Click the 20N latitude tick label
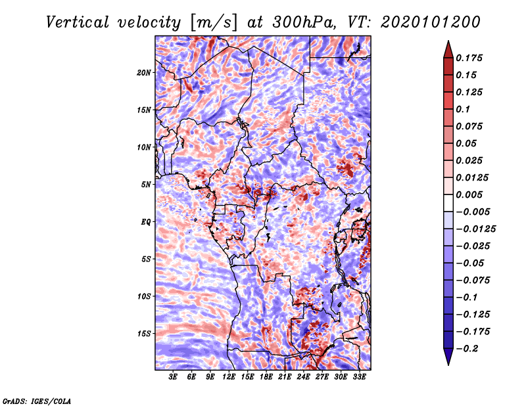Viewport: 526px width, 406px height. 144,72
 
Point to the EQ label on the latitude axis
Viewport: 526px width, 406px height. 145,221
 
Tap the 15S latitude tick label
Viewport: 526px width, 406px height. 144,333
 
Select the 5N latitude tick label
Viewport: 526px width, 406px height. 145,184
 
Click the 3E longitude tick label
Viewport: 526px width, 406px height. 173,377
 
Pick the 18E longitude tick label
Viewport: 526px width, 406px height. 266,377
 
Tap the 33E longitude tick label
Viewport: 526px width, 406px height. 359,377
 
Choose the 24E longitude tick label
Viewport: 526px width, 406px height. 303,377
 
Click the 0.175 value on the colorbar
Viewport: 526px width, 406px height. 471,58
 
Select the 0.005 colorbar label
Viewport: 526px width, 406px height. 471,194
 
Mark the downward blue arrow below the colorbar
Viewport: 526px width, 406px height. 447,357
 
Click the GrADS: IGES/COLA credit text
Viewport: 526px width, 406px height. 37,400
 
